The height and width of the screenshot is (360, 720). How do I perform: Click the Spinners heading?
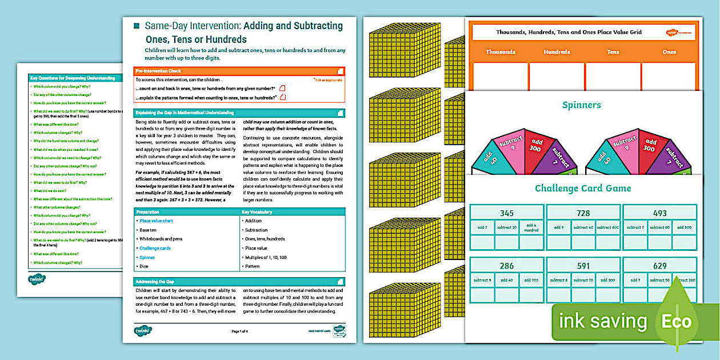[x=581, y=105]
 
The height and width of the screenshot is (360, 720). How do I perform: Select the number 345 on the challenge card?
[x=506, y=213]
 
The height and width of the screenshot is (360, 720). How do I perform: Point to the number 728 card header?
[x=583, y=213]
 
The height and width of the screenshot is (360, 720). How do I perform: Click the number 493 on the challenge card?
[x=659, y=213]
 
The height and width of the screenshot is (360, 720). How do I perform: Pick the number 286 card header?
[x=506, y=266]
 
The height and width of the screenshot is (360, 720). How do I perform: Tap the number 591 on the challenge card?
[x=583, y=266]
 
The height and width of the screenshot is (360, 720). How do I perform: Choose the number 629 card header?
[x=659, y=266]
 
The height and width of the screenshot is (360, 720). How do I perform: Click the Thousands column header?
[x=501, y=52]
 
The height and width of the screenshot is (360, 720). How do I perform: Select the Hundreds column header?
[x=557, y=52]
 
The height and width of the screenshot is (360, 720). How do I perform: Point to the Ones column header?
[x=669, y=52]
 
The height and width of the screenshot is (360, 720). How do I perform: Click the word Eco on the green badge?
[x=677, y=321]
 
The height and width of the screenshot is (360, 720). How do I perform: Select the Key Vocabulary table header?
[x=257, y=212]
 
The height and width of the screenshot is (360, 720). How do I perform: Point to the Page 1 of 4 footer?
[x=239, y=331]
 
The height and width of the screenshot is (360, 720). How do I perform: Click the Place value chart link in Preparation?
[x=156, y=221]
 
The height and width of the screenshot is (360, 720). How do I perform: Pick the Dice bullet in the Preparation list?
[x=145, y=266]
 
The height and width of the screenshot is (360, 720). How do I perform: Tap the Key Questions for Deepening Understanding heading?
[x=73, y=78]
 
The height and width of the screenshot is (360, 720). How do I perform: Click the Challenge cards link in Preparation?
[x=155, y=248]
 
